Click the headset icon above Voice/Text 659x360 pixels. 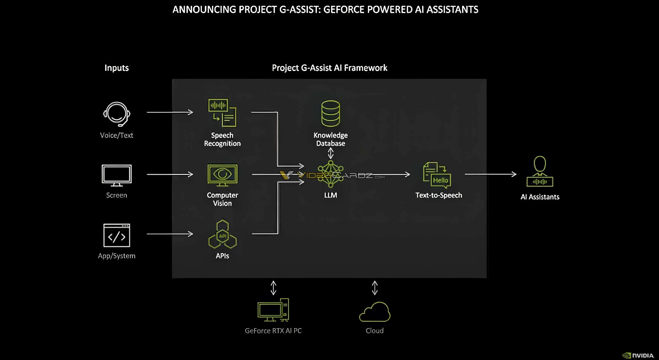[117, 114]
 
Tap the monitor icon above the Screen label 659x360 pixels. [117, 175]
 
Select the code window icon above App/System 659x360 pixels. [117, 235]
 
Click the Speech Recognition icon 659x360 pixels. [222, 113]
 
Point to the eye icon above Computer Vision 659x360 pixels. [222, 174]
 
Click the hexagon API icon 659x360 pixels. [222, 235]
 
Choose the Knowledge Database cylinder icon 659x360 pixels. [330, 114]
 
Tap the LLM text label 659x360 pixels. [330, 195]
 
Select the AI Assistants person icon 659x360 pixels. [540, 172]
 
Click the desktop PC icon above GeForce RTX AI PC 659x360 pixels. [273, 310]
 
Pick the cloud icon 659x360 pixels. [375, 312]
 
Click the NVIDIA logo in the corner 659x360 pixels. [638, 355]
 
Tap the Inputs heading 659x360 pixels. [117, 68]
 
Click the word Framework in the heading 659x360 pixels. [365, 68]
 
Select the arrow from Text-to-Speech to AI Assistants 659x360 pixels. [490, 174]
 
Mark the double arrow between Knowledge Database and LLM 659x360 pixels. [330, 153]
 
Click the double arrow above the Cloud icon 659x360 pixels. [375, 288]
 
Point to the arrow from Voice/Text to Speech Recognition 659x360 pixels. [170, 112]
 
